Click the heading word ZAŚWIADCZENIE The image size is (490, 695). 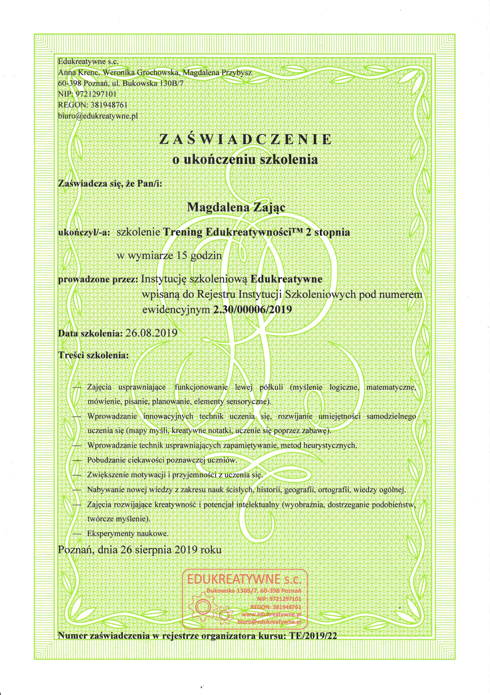click(245, 139)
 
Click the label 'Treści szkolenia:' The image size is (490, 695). click(93, 355)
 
